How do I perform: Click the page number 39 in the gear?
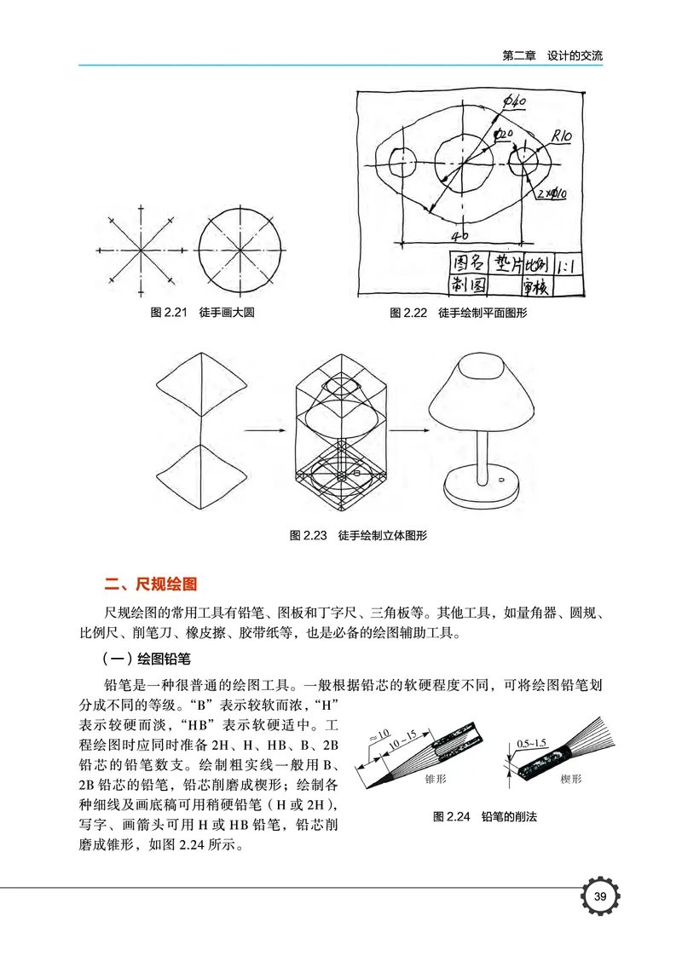point(599,896)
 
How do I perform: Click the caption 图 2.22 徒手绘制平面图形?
point(459,313)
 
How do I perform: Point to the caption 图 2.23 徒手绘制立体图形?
point(358,535)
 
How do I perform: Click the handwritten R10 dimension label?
point(562,135)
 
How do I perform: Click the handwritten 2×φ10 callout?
point(553,194)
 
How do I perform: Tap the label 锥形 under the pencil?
point(436,779)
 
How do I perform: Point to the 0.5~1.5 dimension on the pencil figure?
point(532,742)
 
